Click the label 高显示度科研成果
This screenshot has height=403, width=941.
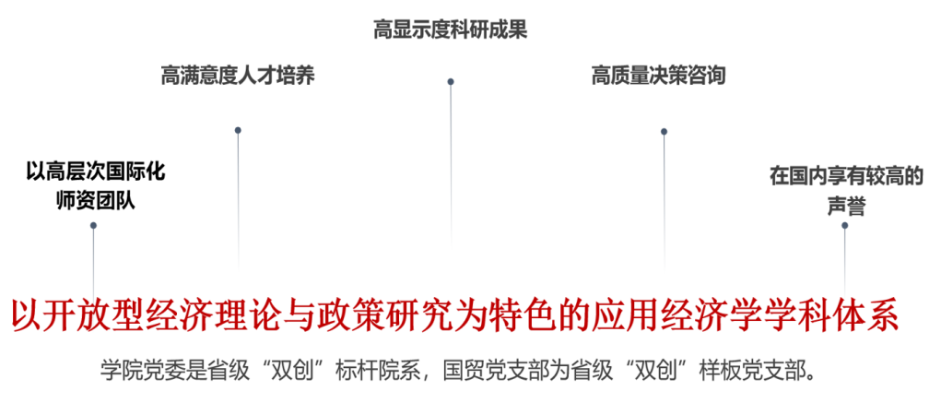pyautogui.click(x=450, y=30)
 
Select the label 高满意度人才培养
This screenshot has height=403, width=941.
pyautogui.click(x=238, y=76)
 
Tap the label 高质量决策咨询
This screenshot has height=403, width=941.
pyautogui.click(x=658, y=76)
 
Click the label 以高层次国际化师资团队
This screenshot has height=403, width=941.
pyautogui.click(x=95, y=184)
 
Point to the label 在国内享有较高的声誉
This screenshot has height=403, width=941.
pyautogui.click(x=846, y=191)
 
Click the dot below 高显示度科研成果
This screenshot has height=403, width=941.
pyautogui.click(x=451, y=81)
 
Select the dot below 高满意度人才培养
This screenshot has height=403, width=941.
pyautogui.click(x=238, y=130)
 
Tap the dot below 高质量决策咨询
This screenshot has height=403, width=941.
pyautogui.click(x=664, y=131)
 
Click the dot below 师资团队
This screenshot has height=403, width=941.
pyautogui.click(x=93, y=225)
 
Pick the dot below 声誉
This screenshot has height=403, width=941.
pyautogui.click(x=845, y=225)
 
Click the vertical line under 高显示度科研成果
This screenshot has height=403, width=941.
pyautogui.click(x=451, y=166)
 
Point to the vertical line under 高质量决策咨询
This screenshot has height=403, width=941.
pyautogui.click(x=664, y=203)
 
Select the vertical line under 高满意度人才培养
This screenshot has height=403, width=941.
pyautogui.click(x=238, y=203)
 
